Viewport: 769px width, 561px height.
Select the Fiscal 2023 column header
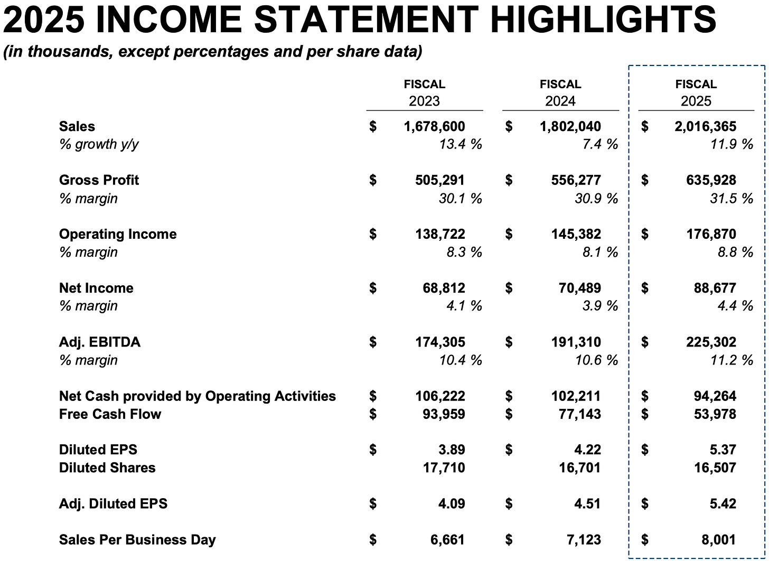[424, 92]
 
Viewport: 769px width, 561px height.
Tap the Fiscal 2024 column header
[560, 92]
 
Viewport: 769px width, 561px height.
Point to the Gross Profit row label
[99, 180]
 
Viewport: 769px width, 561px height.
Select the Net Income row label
[96, 288]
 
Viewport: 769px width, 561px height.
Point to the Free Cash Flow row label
[110, 414]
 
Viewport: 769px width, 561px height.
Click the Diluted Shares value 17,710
[443, 468]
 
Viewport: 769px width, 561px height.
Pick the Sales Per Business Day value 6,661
[447, 540]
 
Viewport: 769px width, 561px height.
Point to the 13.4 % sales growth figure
[460, 144]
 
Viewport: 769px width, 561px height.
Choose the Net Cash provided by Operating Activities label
[197, 396]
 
